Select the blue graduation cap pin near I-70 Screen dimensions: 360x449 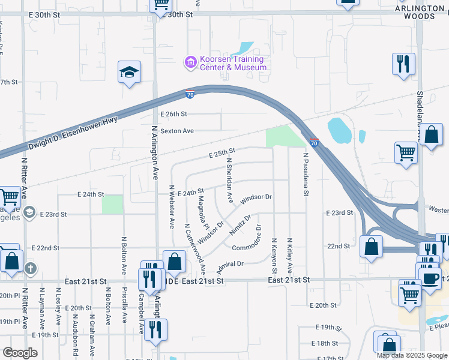pos(129,72)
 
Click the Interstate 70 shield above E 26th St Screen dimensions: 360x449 pos(190,94)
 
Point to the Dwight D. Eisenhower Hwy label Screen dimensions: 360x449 pos(72,134)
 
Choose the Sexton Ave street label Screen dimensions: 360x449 pos(176,130)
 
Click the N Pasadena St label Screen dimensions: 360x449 pos(306,175)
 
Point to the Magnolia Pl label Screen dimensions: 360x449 pos(203,212)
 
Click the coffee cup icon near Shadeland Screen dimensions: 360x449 pos(429,278)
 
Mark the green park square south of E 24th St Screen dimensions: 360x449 pos(112,204)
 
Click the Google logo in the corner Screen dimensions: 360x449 pos(20,353)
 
